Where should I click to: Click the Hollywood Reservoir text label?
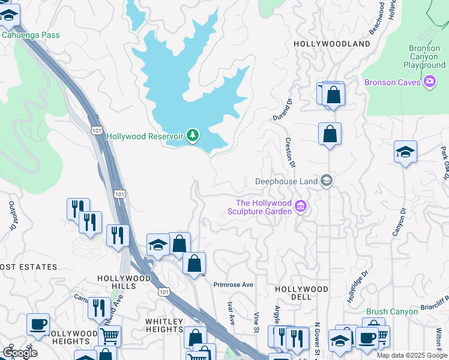pos(144,136)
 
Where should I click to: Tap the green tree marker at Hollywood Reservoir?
pos(192,136)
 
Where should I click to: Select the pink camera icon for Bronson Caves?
pos(429,82)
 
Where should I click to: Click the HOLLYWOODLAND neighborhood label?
pos(331,44)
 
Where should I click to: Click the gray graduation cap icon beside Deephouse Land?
pos(326,181)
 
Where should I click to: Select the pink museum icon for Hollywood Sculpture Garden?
pos(301,208)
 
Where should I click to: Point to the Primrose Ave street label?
pos(234,284)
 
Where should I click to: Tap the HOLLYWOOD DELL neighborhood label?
pos(301,293)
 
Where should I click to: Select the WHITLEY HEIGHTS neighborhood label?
pos(164,325)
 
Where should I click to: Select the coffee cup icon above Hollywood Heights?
pos(38,324)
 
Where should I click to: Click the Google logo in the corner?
pos(20,353)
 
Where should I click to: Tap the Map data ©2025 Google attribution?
pos(411,355)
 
